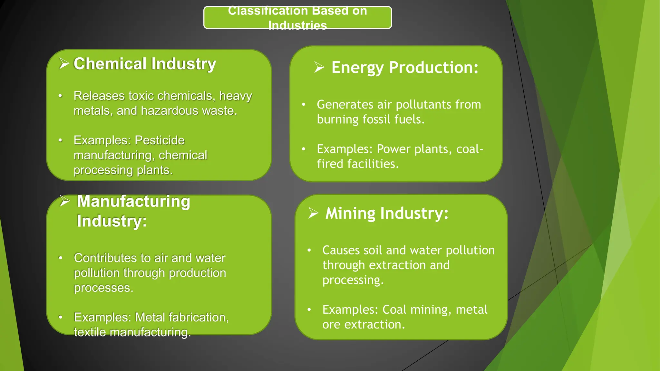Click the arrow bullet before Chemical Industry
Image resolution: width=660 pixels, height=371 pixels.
click(64, 63)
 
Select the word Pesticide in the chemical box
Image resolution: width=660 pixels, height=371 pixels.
click(160, 140)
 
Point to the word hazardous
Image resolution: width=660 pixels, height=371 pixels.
click(170, 111)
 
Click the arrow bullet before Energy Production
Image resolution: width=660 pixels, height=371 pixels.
click(319, 67)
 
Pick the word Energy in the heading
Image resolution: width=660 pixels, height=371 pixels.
click(358, 68)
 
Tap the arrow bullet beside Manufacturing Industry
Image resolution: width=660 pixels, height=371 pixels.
click(65, 201)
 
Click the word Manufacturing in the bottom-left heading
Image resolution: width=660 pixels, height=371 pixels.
click(134, 202)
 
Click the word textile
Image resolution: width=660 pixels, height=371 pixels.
click(90, 332)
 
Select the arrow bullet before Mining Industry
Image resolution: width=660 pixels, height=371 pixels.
click(313, 213)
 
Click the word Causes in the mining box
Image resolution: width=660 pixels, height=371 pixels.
click(341, 251)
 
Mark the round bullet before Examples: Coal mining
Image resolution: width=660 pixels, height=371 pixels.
click(309, 310)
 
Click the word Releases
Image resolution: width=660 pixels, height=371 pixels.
click(99, 96)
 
